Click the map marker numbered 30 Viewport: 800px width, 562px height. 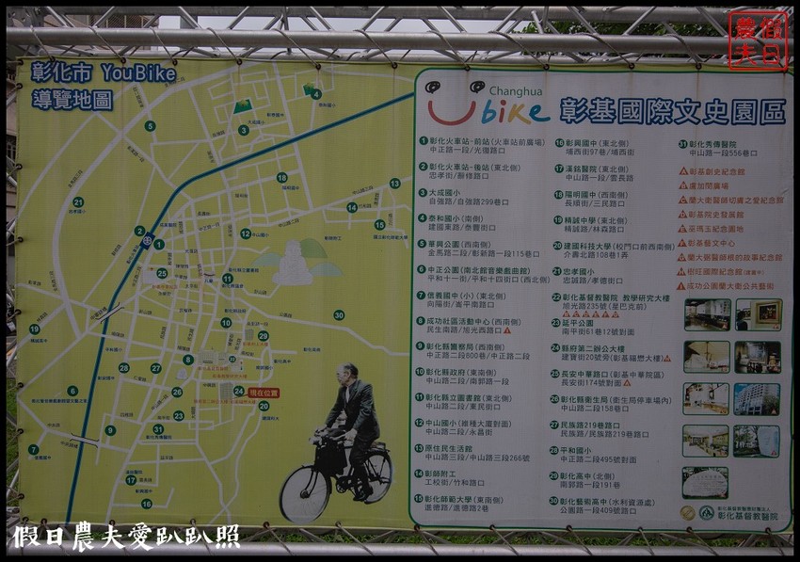pyautogui.click(x=338, y=314)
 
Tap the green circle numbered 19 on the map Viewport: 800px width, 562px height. pyautogui.click(x=34, y=329)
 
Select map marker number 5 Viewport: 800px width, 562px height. pyautogui.click(x=150, y=125)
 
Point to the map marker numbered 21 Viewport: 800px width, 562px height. pyautogui.click(x=78, y=201)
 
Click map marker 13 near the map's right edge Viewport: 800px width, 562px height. pyautogui.click(x=394, y=184)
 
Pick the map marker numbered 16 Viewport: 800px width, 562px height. pyautogui.click(x=146, y=504)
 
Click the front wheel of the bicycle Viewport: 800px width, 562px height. pyautogui.click(x=304, y=493)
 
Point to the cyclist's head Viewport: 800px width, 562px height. pyautogui.click(x=349, y=374)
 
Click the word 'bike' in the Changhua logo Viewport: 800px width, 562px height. pyautogui.click(x=514, y=113)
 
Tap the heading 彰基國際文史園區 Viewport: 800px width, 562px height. pyautogui.click(x=672, y=112)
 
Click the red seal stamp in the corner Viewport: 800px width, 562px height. pyautogui.click(x=758, y=40)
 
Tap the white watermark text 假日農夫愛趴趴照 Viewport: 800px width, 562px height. pyautogui.click(x=126, y=537)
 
